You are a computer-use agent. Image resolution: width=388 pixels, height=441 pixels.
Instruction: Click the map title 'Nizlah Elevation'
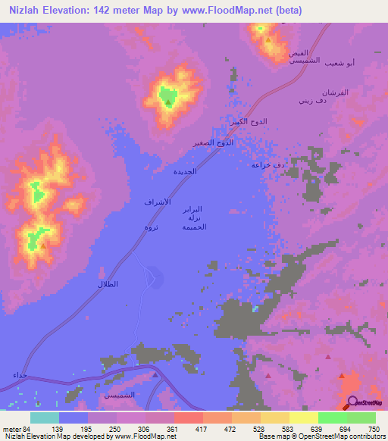(x=53, y=10)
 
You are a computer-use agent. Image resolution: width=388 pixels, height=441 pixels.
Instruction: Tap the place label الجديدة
(x=186, y=171)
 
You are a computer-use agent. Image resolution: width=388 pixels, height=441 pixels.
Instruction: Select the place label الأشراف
(x=157, y=202)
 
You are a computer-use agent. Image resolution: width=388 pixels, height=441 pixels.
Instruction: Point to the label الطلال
(x=109, y=283)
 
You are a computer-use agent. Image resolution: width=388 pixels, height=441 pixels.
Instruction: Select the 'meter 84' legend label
(x=16, y=428)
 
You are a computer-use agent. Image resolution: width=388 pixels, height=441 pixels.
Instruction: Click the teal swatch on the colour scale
(x=45, y=418)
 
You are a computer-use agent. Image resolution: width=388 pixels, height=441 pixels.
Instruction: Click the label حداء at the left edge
(x=19, y=375)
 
